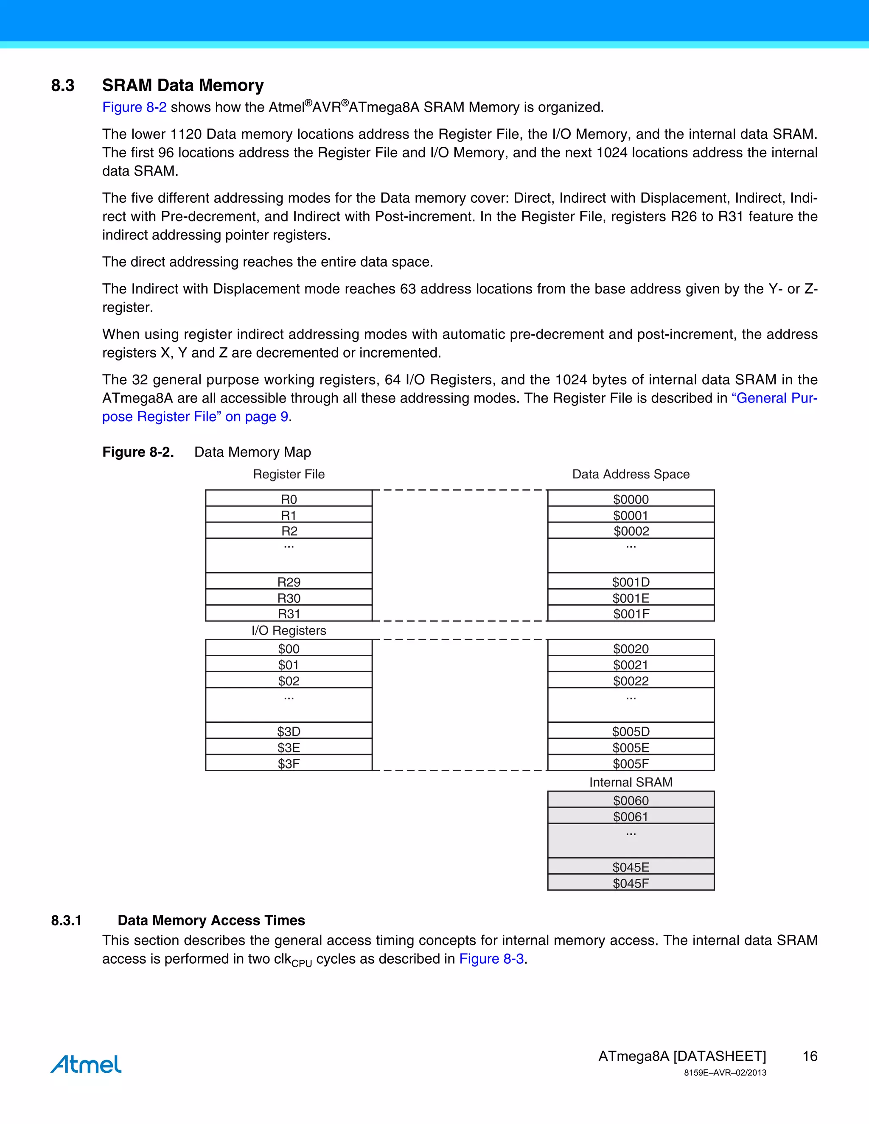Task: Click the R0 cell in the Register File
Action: point(289,499)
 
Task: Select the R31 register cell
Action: point(289,613)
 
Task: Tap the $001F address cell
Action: point(631,613)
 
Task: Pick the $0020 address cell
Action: point(631,649)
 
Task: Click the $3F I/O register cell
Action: point(289,763)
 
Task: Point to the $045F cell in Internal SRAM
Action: point(631,883)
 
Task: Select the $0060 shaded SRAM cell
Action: point(631,800)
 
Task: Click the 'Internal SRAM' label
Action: point(631,782)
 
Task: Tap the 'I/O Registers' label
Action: point(289,630)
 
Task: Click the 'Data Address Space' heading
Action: point(631,474)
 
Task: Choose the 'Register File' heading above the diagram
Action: point(289,474)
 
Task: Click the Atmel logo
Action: point(86,1064)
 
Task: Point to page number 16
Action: point(810,1056)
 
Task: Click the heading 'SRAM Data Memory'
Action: point(183,85)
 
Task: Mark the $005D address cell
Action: point(631,731)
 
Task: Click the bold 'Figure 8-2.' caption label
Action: point(138,452)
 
